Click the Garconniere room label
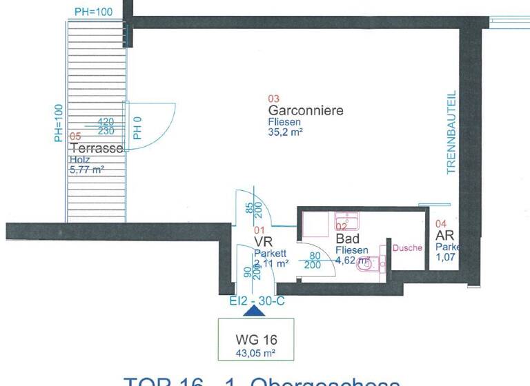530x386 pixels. (x=306, y=110)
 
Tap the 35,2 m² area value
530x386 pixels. (x=286, y=134)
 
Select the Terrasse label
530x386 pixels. (x=96, y=148)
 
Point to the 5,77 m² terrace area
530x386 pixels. (x=86, y=170)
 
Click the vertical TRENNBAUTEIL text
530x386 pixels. (x=452, y=132)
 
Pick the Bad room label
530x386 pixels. (x=348, y=238)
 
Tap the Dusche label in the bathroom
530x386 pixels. (x=407, y=247)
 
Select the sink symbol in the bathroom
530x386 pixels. (x=346, y=221)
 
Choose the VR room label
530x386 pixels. (x=264, y=242)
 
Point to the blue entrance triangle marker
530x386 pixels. (x=255, y=311)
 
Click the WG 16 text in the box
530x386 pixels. (x=255, y=340)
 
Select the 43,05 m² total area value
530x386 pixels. (x=255, y=354)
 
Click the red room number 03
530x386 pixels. (x=273, y=98)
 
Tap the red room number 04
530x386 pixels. (x=442, y=223)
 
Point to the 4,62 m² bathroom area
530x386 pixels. (x=351, y=261)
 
